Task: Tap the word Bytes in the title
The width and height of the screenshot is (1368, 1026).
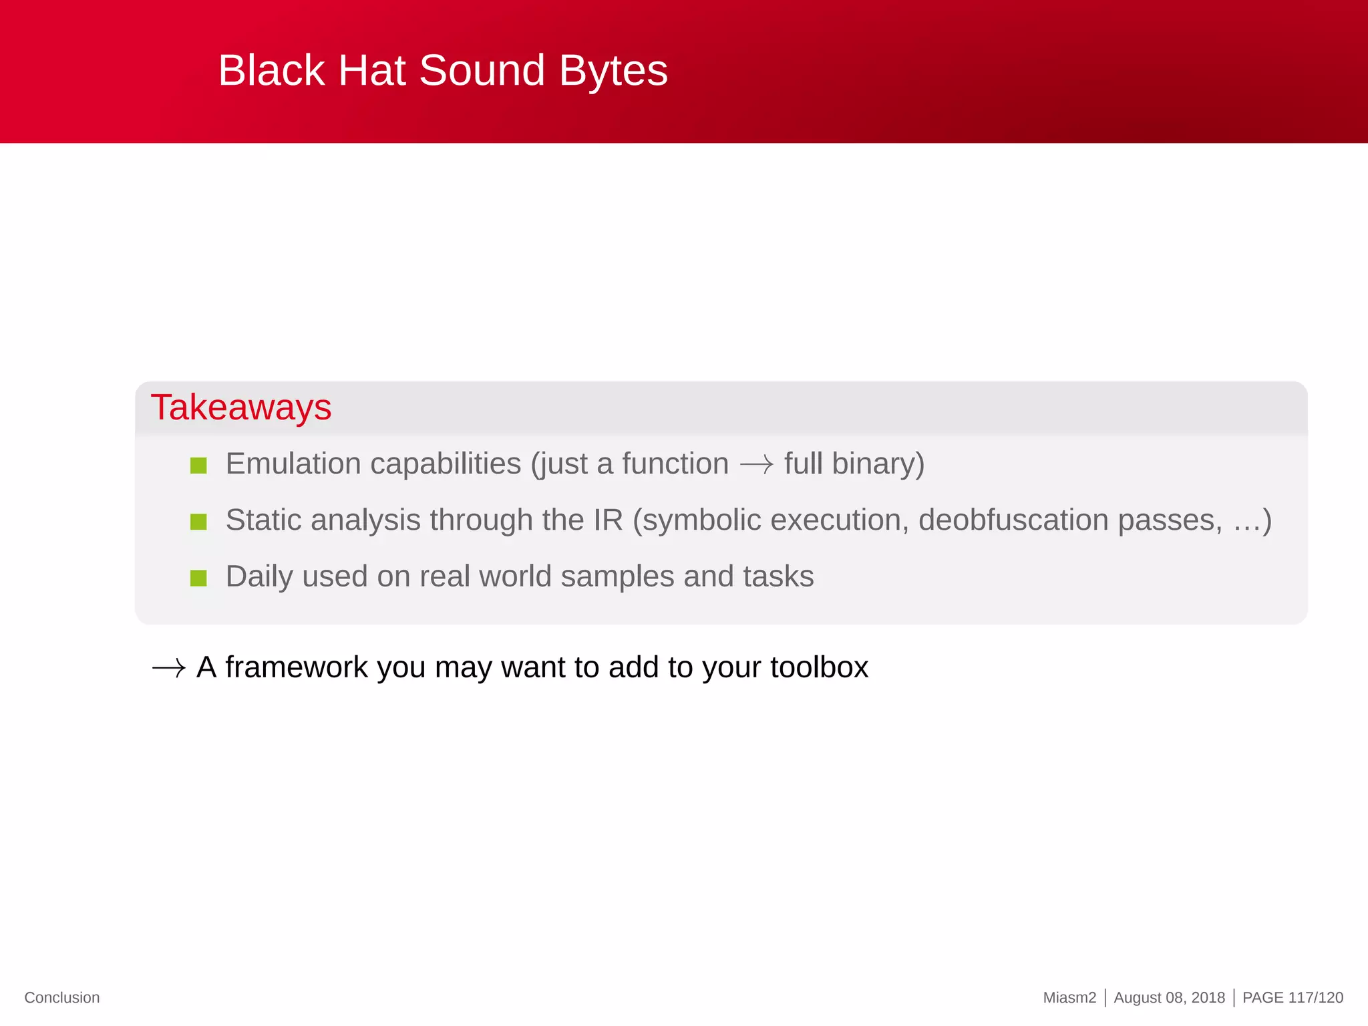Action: point(613,71)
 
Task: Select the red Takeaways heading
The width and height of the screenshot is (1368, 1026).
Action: point(241,407)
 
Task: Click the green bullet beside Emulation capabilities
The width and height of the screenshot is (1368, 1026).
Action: point(198,465)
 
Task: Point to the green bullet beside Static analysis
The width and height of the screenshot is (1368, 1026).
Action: point(198,521)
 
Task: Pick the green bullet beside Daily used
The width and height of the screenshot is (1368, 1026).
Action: point(198,578)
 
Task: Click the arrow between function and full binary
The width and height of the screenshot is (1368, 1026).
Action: point(756,464)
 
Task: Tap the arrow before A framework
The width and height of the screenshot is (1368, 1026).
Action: point(168,668)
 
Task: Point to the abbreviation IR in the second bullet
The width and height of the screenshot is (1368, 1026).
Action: point(608,520)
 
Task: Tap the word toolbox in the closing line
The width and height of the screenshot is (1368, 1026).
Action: point(819,667)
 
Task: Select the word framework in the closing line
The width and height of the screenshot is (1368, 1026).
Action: point(297,667)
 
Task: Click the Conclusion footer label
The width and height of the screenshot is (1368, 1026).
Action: point(62,997)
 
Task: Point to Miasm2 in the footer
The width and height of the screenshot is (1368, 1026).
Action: point(1069,997)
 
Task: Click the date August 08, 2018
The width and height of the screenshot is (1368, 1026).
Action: point(1169,997)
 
